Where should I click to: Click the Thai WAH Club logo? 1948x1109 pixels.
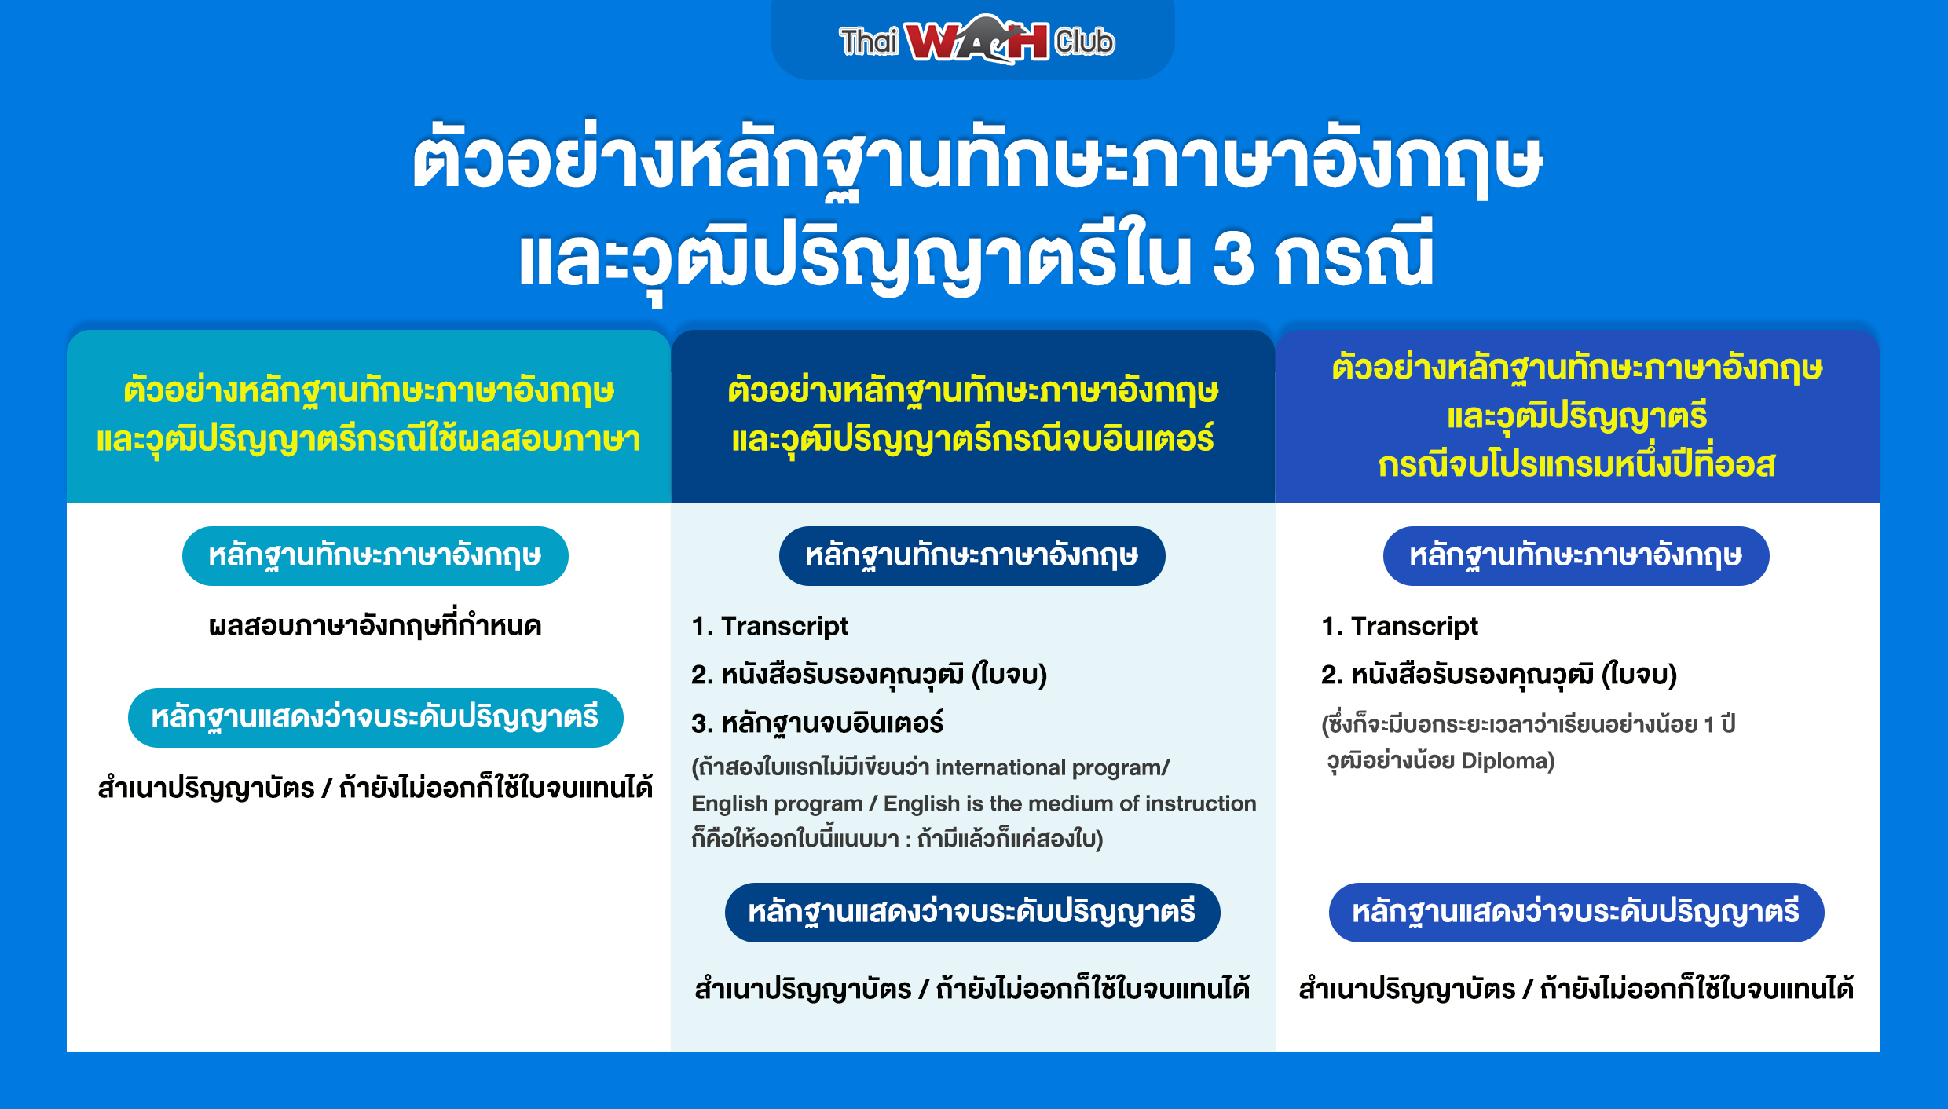(x=976, y=39)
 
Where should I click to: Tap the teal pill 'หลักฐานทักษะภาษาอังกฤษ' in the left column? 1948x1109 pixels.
(x=375, y=556)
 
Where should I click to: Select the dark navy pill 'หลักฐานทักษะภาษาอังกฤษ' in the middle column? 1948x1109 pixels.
(x=972, y=556)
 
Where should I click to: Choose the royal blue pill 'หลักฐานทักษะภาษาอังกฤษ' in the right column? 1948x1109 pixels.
(x=1576, y=556)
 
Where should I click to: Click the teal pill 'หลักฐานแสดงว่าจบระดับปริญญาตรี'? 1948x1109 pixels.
(x=375, y=718)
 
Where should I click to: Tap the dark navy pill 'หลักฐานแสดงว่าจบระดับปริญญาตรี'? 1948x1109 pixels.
(x=972, y=913)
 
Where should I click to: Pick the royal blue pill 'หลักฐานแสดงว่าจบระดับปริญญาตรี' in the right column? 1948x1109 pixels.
(x=1576, y=913)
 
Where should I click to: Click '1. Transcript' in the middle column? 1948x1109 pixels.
(x=770, y=626)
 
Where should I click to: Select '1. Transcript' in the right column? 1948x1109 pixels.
(x=1400, y=626)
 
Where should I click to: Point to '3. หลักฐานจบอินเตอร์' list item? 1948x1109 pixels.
(x=817, y=723)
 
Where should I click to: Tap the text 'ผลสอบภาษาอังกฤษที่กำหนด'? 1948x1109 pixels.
(x=375, y=626)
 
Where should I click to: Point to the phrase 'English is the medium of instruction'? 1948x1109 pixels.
(x=1070, y=803)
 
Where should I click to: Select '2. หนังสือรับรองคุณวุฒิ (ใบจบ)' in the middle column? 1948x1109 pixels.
(x=870, y=675)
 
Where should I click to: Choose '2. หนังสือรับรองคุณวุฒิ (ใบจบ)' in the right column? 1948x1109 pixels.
(x=1499, y=675)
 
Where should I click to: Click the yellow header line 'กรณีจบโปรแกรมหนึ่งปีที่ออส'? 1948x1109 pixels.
(x=1576, y=465)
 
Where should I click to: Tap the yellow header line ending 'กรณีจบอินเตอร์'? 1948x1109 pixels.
(x=972, y=440)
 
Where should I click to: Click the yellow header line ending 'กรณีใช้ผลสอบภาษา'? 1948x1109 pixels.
(x=368, y=440)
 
